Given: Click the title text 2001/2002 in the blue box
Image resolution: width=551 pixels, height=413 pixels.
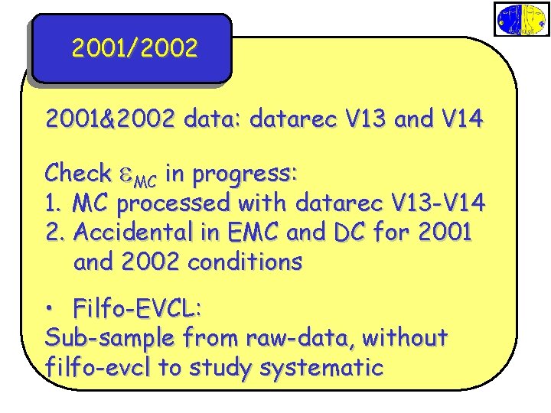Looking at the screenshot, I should point(135,49).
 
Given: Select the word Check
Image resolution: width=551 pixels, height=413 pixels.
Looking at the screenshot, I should point(77,174).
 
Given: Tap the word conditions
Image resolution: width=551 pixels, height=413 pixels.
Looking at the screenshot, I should point(245,262).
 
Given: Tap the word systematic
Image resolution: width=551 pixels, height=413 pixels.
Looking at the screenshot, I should point(321,368).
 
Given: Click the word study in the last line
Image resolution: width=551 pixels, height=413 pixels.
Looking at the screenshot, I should point(218,368).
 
